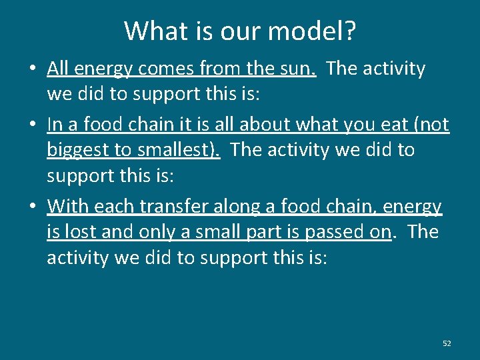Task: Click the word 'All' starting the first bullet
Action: (x=58, y=69)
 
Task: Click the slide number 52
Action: (x=447, y=343)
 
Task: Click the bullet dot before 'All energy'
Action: (x=33, y=69)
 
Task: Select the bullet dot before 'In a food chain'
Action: (x=33, y=125)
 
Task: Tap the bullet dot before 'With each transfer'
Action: (x=33, y=207)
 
